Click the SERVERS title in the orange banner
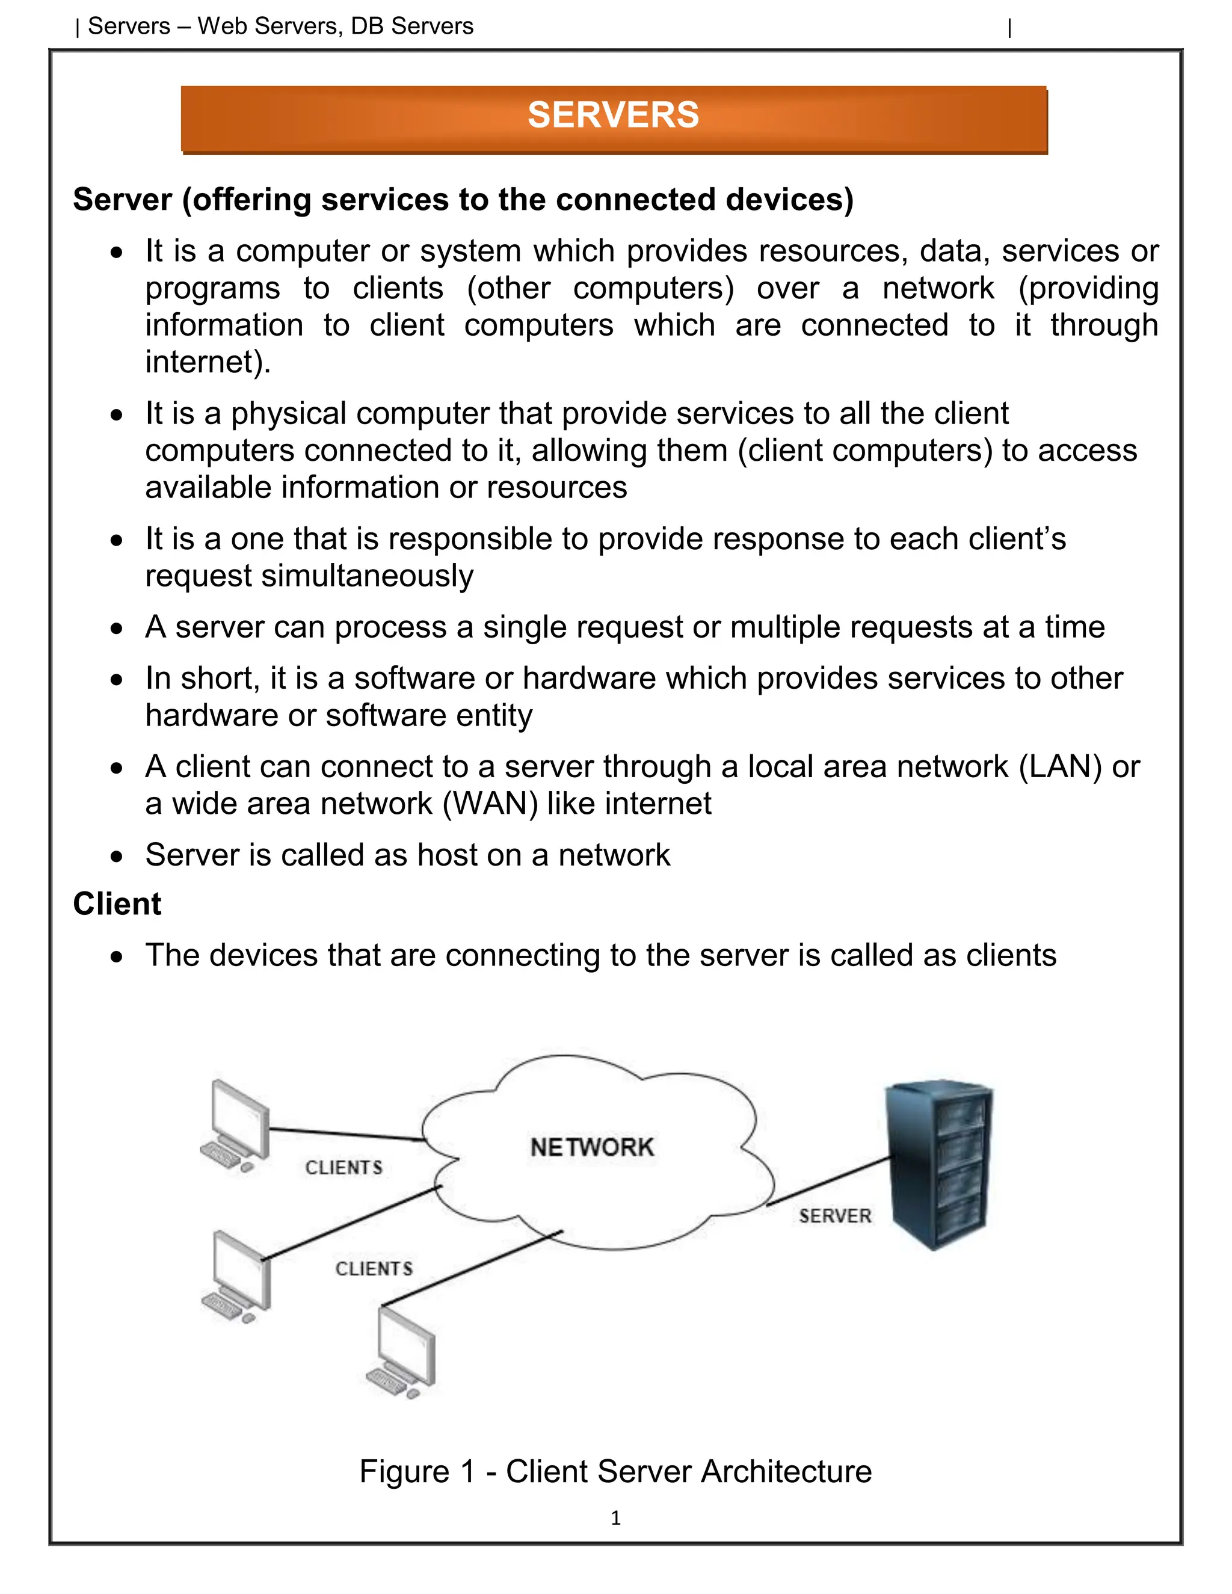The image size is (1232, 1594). pos(613,115)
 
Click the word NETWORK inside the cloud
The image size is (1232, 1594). pos(592,1147)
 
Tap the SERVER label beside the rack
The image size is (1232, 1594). pos(835,1216)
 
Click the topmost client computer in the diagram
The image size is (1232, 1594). pos(236,1125)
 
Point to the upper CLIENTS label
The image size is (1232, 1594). pos(343,1168)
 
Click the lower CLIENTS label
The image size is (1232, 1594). pos(374,1269)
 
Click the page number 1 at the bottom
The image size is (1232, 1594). pos(615,1518)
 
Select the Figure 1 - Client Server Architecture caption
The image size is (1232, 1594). pos(615,1471)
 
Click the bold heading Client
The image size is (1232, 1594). pos(117,904)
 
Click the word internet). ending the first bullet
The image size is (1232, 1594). pos(208,362)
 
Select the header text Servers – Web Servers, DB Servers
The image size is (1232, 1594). pos(280,26)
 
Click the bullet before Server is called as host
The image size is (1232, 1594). pos(117,856)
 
